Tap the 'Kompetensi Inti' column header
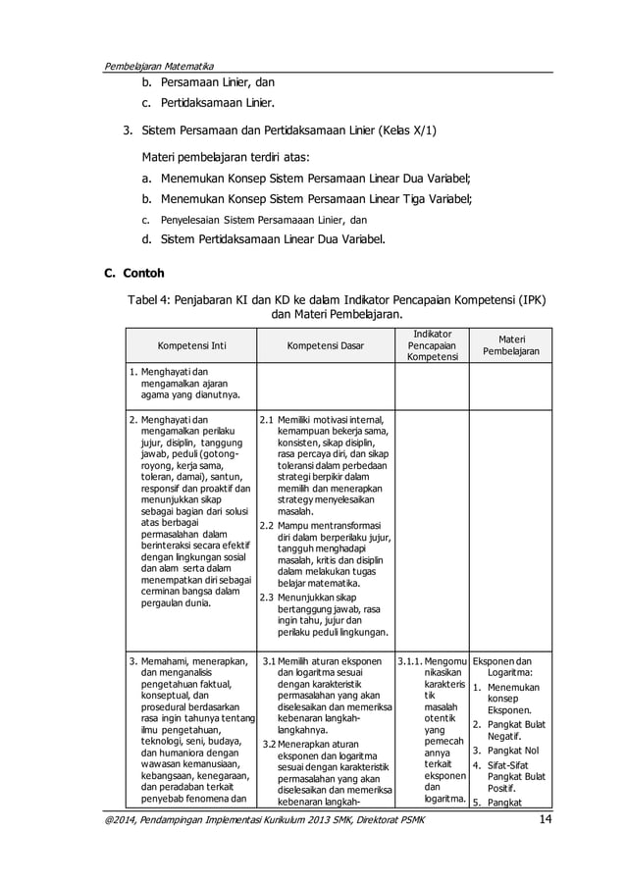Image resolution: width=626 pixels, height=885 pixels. point(189,346)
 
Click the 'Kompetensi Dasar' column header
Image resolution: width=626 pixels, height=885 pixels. point(325,346)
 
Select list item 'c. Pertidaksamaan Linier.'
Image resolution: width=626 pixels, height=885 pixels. point(205,104)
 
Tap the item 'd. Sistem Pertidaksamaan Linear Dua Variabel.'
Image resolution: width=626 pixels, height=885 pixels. point(263,236)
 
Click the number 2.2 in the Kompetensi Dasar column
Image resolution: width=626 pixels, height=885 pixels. point(266,525)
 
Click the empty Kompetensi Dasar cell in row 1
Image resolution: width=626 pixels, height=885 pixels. point(325,385)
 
